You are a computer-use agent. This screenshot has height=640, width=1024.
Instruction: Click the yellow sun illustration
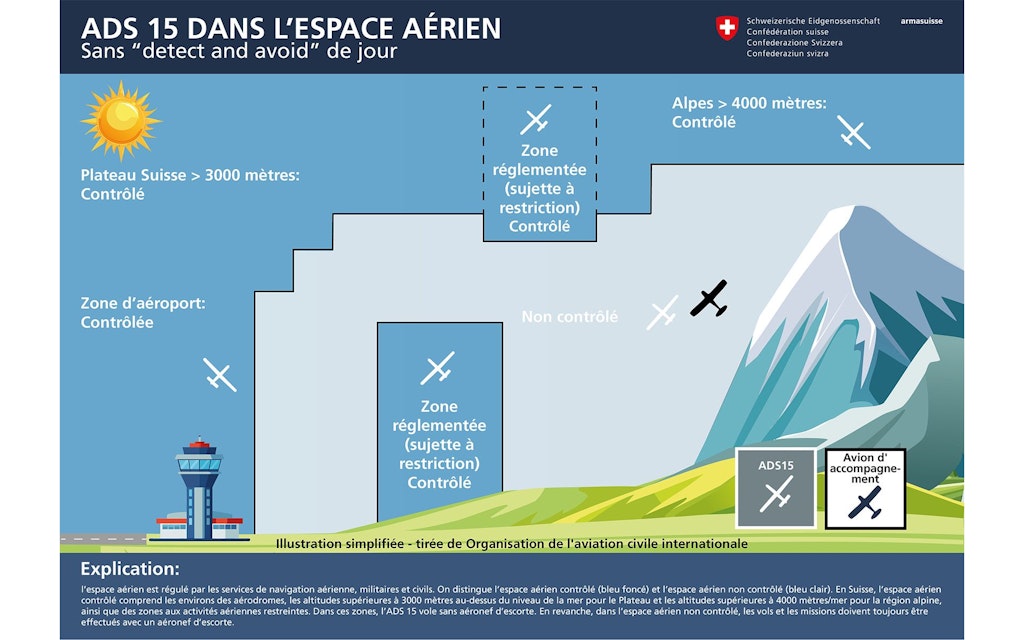click(x=121, y=121)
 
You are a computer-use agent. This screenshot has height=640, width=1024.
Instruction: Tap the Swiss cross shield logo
click(x=726, y=30)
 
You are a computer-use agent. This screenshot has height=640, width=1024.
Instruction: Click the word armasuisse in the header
click(x=920, y=21)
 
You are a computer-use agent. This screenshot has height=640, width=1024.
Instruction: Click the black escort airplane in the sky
click(x=709, y=298)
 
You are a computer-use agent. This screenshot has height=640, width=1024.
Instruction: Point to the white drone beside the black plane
click(x=663, y=313)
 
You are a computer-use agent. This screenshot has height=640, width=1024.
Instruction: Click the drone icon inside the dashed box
click(x=536, y=119)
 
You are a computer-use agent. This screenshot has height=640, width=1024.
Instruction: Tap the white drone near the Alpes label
click(x=853, y=132)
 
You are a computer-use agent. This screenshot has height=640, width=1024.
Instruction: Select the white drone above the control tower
click(x=219, y=375)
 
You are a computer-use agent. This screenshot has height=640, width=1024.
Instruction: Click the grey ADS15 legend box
click(x=775, y=488)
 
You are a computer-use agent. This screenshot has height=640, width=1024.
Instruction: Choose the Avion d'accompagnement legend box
click(x=865, y=488)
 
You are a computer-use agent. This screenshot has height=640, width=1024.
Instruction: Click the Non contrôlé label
click(x=569, y=317)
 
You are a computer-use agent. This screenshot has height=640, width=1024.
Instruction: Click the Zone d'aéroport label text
click(x=150, y=312)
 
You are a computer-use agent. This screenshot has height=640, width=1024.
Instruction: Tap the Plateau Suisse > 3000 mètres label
click(x=190, y=184)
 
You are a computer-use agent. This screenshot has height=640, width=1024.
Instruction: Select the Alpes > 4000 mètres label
click(x=749, y=112)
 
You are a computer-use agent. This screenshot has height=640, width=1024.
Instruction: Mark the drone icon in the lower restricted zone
click(x=438, y=368)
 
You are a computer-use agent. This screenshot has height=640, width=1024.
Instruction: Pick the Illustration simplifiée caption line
click(x=511, y=544)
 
